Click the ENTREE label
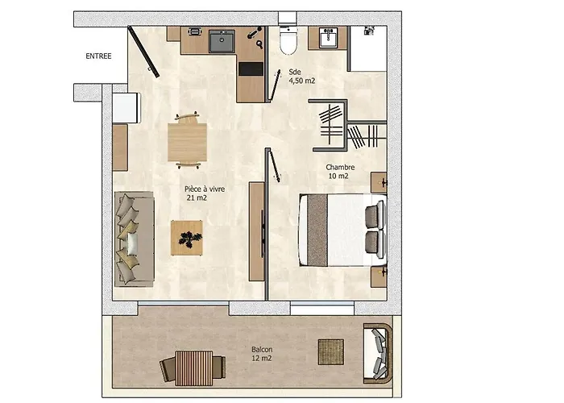[x=98, y=56]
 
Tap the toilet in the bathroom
[x=288, y=40]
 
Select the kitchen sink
[x=222, y=41]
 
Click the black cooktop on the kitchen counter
[x=251, y=69]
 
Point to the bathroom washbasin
[x=328, y=37]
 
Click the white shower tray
[x=368, y=48]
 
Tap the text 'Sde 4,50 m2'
[x=302, y=77]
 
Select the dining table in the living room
[x=187, y=142]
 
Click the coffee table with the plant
[x=187, y=238]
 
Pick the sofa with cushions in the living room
[x=135, y=239]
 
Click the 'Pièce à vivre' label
[x=205, y=189]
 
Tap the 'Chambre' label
[x=340, y=168]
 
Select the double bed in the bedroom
[x=342, y=231]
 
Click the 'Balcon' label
[x=262, y=349]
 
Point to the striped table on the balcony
[x=193, y=368]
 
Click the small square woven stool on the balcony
[x=331, y=352]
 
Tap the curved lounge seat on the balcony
[x=378, y=353]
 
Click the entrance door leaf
[x=144, y=52]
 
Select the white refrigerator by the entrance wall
[x=126, y=108]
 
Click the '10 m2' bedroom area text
[x=338, y=177]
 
